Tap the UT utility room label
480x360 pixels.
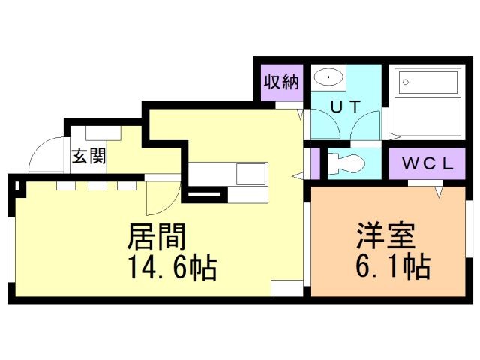346,106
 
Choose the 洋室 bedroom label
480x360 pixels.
382,238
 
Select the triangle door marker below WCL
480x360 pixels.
437,191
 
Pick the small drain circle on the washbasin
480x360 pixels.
328,76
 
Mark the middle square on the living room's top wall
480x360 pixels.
95,185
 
